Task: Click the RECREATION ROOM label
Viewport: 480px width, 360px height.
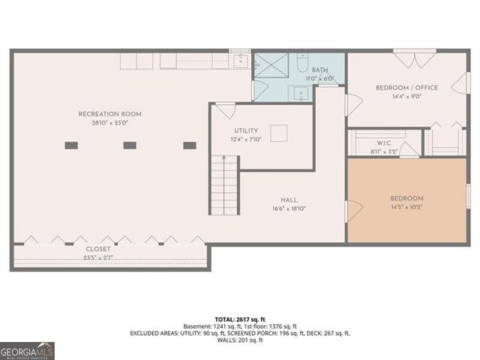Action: (109, 114)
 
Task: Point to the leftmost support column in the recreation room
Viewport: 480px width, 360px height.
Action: (71, 145)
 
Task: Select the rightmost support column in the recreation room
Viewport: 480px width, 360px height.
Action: (190, 145)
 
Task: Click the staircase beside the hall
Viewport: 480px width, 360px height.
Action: (224, 185)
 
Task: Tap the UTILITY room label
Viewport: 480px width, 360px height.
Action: (246, 130)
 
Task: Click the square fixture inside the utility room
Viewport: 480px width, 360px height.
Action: (278, 133)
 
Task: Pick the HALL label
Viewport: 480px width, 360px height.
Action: (289, 200)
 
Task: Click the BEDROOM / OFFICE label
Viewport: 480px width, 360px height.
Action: (408, 88)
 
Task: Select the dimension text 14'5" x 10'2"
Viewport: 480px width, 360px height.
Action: (407, 207)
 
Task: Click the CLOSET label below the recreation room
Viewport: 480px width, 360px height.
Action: (97, 248)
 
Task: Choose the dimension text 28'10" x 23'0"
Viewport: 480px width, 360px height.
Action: (109, 123)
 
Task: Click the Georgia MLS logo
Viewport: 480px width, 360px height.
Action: (27, 350)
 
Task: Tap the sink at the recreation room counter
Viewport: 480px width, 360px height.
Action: (239, 61)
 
